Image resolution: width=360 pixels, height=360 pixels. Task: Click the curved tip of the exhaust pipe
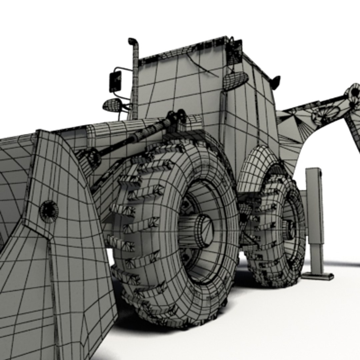(132, 41)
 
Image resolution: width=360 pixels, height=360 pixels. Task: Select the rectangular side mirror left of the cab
(115, 81)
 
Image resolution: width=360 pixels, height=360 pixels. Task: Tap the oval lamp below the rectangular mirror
(112, 105)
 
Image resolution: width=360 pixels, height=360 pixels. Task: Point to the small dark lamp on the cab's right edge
(275, 82)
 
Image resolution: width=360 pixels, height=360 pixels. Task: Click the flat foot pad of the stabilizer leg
(317, 276)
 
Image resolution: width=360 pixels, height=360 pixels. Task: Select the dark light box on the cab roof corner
(235, 52)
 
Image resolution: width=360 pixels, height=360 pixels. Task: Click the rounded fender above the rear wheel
(257, 167)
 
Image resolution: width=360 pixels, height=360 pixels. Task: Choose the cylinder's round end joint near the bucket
(91, 158)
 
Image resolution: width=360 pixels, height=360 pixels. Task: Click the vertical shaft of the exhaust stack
(135, 83)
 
